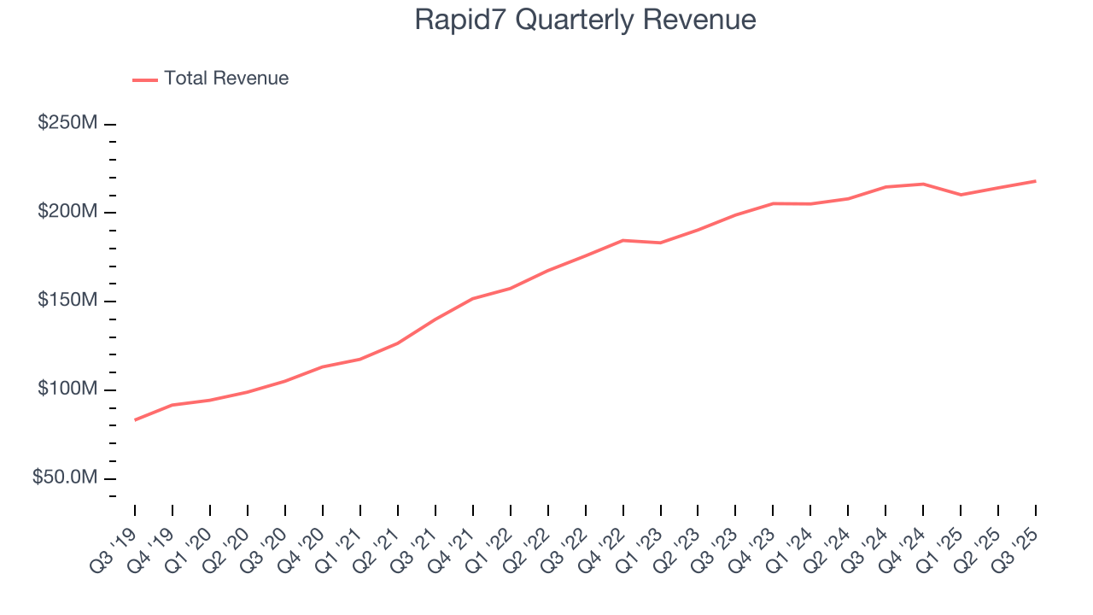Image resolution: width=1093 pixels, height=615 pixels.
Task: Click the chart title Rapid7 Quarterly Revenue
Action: tap(585, 20)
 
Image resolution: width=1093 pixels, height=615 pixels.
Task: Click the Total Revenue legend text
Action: tap(226, 79)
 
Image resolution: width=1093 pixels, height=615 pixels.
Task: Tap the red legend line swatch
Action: tap(145, 79)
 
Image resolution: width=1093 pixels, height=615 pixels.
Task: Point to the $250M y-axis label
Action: tap(67, 123)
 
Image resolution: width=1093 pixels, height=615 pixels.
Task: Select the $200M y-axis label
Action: tap(67, 212)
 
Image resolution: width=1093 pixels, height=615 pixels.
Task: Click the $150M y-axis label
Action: tap(67, 301)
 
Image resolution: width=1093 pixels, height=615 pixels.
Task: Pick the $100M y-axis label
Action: tap(67, 389)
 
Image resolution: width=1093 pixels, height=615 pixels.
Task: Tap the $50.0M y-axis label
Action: tap(65, 478)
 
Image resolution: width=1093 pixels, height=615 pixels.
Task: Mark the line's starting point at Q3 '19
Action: tap(135, 419)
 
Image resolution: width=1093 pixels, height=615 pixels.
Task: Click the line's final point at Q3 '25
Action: tap(1035, 181)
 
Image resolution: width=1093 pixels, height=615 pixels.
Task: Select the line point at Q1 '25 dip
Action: tap(961, 195)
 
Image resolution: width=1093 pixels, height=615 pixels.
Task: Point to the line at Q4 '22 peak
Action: tap(623, 240)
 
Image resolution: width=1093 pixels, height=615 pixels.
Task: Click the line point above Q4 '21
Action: tap(473, 298)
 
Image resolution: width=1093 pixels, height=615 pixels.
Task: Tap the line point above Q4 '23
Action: tap(774, 203)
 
